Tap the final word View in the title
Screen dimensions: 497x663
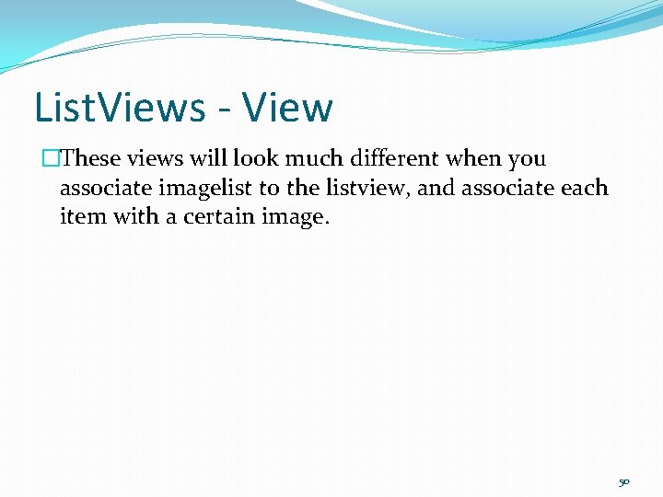click(x=289, y=108)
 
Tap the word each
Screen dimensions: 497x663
click(x=587, y=188)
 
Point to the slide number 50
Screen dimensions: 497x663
click(x=624, y=480)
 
